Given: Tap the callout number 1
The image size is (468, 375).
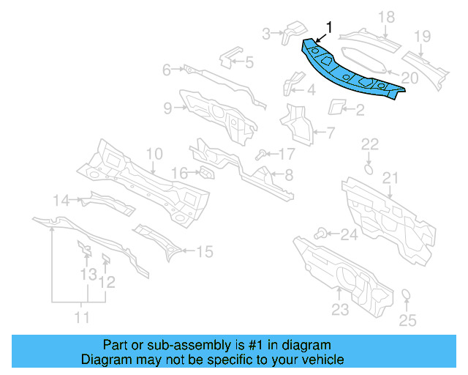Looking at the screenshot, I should pyautogui.click(x=328, y=28).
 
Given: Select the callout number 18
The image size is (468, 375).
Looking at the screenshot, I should pyautogui.click(x=387, y=17).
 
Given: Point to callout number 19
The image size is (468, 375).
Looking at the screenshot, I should pyautogui.click(x=423, y=36).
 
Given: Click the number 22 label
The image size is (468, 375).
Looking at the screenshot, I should pyautogui.click(x=370, y=144).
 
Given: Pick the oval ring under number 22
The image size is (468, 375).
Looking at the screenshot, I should pyautogui.click(x=369, y=168).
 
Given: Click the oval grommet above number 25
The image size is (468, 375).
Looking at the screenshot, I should pyautogui.click(x=407, y=296).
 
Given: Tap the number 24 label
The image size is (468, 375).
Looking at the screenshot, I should pyautogui.click(x=350, y=235).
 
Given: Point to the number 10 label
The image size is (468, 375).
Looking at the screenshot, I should pyautogui.click(x=154, y=154).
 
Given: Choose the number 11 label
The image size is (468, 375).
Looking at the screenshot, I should pyautogui.click(x=82, y=317).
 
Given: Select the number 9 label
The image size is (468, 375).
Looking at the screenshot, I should pyautogui.click(x=167, y=108).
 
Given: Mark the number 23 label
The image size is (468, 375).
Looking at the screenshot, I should pyautogui.click(x=340, y=309).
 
